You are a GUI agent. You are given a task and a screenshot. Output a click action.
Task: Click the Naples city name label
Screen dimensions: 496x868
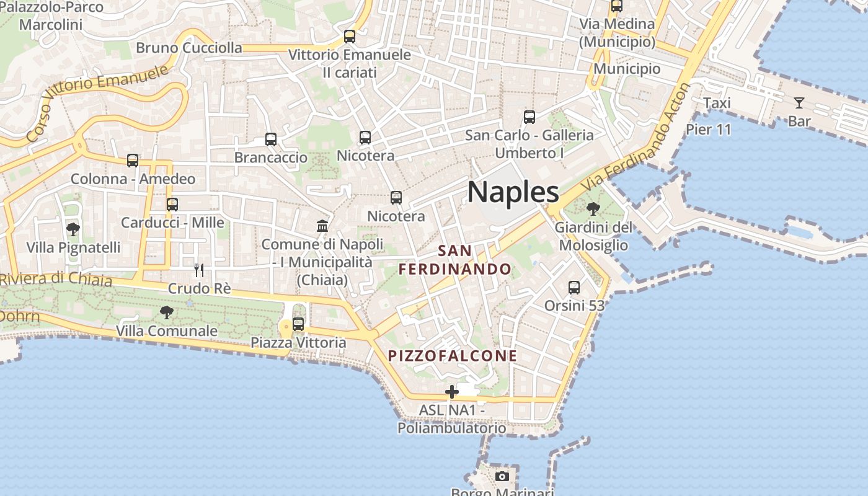(x=513, y=192)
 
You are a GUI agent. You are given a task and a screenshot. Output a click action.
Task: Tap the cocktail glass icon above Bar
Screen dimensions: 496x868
(x=799, y=103)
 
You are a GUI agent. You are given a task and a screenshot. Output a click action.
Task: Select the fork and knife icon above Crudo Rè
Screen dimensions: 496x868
(x=199, y=270)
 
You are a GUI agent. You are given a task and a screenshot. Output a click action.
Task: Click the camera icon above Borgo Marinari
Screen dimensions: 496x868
(x=502, y=476)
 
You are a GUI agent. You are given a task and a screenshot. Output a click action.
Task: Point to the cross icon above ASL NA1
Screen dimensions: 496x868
(x=452, y=391)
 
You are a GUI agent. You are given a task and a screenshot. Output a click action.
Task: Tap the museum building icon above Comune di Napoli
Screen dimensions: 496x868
(x=322, y=226)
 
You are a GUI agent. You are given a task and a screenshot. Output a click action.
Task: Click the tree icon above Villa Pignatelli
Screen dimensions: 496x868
(x=73, y=229)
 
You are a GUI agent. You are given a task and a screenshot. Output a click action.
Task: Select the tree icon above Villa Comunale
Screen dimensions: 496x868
(x=167, y=312)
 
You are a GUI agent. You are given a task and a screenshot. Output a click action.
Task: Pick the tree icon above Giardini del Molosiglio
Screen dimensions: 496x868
(x=593, y=208)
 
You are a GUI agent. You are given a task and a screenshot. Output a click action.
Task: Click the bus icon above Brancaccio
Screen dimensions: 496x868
(x=271, y=139)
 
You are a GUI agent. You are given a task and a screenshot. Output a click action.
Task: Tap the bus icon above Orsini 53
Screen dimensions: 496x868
(x=574, y=288)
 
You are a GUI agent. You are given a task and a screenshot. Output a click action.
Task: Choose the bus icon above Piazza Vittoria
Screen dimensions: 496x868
(x=298, y=324)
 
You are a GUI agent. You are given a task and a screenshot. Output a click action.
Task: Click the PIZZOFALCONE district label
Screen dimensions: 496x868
(x=453, y=356)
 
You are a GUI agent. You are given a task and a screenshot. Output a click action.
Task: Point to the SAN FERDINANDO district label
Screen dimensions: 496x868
(x=455, y=260)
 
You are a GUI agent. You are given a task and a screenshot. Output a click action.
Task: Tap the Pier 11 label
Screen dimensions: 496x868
(x=708, y=130)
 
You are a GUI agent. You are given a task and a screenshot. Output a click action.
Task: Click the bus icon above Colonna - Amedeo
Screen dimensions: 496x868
(x=133, y=161)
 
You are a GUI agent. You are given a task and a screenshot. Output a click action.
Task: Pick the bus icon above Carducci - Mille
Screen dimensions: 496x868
(x=172, y=204)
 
